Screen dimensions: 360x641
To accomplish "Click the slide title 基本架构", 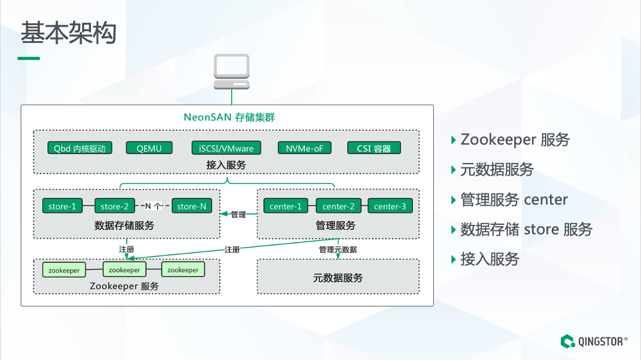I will [x=68, y=33].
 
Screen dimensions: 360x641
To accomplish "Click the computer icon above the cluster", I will [x=231, y=71].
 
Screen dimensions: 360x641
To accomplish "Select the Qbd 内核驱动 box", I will [x=80, y=148].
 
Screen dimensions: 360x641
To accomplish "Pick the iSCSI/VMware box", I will [x=225, y=148].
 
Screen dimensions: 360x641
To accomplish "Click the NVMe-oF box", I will [x=304, y=148].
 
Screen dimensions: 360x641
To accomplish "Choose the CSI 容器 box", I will [x=374, y=148].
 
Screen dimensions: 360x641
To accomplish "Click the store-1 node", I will [x=62, y=207].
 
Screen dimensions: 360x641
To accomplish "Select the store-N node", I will [x=191, y=207].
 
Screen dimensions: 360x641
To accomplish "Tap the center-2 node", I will [x=338, y=207].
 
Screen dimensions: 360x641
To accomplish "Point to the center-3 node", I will [x=390, y=207].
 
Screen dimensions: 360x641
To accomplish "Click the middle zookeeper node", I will [x=124, y=270].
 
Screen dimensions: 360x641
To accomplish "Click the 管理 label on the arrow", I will [x=238, y=215].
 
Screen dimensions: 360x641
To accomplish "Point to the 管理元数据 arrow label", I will [x=337, y=249].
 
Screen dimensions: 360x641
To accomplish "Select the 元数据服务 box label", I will [x=338, y=278].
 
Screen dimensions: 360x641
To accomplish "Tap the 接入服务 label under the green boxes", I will [x=226, y=165].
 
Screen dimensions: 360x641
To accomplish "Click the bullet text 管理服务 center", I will [x=514, y=200].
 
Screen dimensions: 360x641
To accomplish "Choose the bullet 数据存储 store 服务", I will [x=526, y=229].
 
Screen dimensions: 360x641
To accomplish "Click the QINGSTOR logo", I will [x=594, y=342].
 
